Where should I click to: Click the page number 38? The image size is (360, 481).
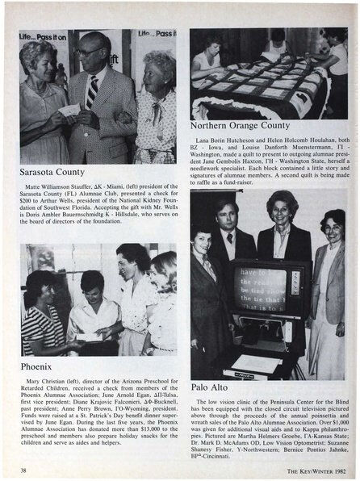pyautogui.click(x=23, y=466)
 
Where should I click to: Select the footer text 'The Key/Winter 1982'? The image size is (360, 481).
pyautogui.click(x=308, y=466)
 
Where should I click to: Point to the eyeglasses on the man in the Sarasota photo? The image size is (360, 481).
pyautogui.click(x=91, y=50)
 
